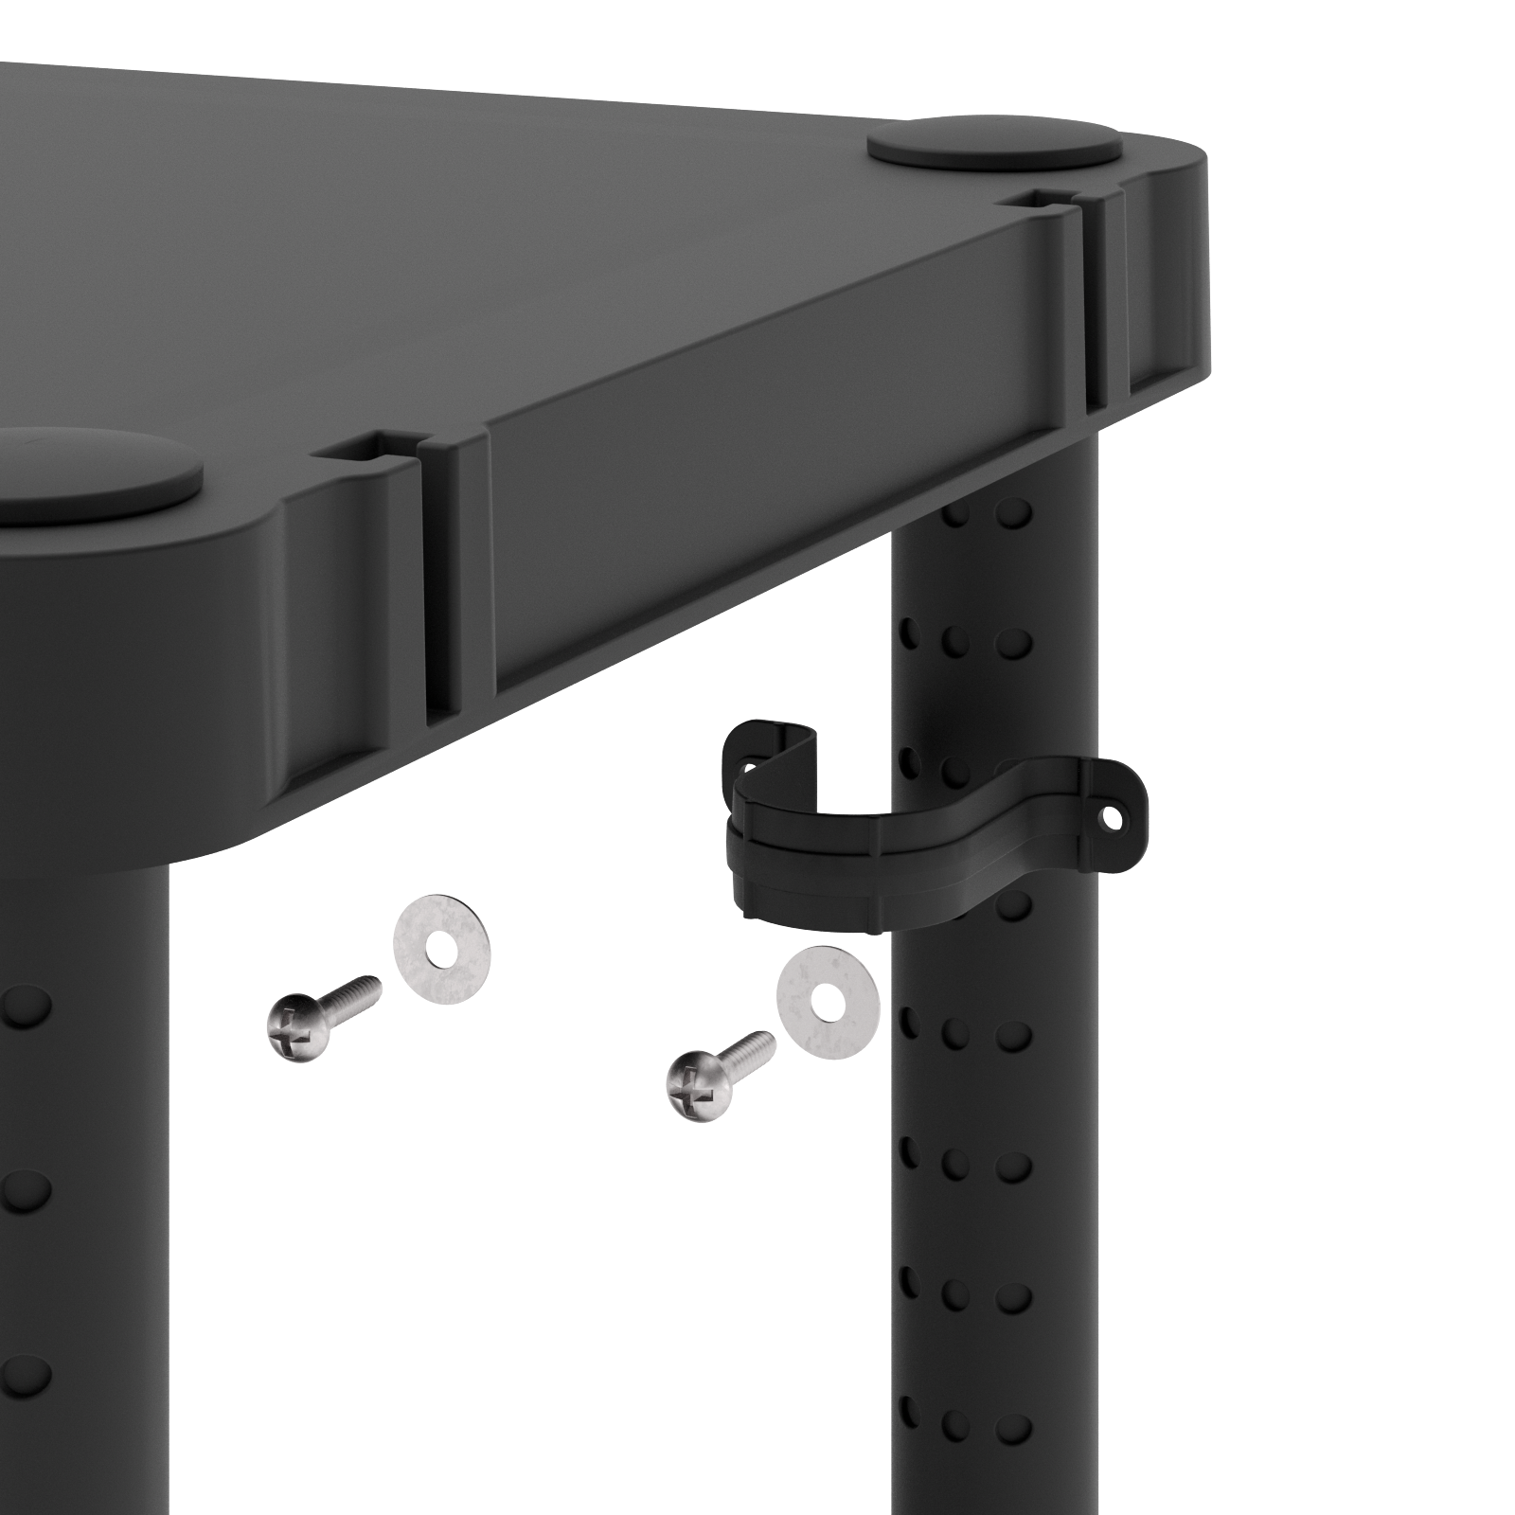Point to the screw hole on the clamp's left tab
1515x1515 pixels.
(748, 766)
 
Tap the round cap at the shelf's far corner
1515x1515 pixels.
(994, 144)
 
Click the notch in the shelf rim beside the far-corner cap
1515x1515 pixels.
(1054, 201)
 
